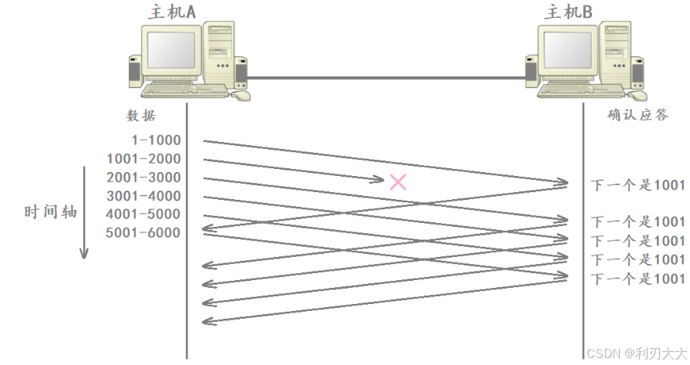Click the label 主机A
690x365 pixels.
click(171, 12)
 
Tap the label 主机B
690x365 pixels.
click(568, 12)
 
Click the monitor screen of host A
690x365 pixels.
click(170, 49)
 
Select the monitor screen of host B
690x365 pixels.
click(567, 49)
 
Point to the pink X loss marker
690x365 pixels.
click(398, 182)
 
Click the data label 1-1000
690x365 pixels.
click(157, 140)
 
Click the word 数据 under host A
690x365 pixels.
click(141, 116)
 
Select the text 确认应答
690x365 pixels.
click(638, 116)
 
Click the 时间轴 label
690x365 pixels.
click(51, 211)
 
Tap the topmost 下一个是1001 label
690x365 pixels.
click(638, 185)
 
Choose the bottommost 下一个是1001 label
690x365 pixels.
click(638, 279)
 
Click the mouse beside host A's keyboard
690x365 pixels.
click(241, 96)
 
